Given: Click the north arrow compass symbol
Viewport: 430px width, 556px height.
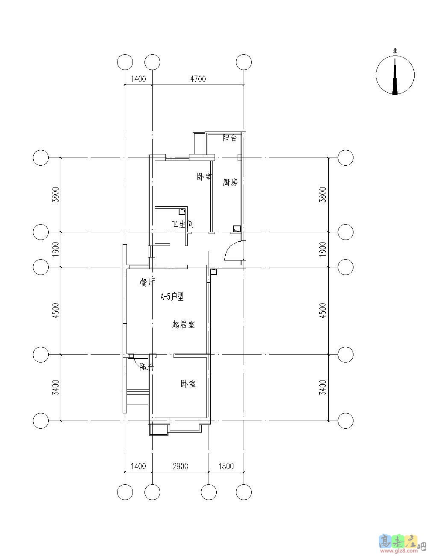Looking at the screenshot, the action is click(395, 75).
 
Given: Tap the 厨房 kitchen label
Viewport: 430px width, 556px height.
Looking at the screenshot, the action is click(230, 182).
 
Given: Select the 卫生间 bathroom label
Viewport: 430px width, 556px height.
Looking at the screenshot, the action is click(183, 224).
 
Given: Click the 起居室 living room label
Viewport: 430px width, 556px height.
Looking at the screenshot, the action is click(183, 325).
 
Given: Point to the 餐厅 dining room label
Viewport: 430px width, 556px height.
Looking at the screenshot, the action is click(147, 282).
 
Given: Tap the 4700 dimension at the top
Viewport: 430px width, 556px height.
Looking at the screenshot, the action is click(198, 79).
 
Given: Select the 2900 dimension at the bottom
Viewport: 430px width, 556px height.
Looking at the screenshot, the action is click(180, 466).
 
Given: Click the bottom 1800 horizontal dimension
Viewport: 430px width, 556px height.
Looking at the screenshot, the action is click(226, 466).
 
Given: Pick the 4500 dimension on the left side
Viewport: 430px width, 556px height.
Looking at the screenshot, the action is click(56, 310).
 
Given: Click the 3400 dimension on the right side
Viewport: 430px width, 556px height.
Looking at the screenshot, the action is click(323, 388).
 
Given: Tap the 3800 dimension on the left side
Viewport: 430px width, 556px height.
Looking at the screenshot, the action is click(56, 195).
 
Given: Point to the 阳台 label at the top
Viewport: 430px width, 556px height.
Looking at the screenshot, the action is click(229, 138).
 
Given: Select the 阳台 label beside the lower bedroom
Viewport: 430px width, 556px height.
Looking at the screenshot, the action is click(147, 367).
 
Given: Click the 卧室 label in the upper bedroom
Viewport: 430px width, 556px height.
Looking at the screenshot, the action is click(204, 177).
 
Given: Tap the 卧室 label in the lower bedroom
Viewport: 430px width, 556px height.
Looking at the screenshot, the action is click(188, 384).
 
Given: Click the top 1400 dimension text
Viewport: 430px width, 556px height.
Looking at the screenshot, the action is click(138, 79).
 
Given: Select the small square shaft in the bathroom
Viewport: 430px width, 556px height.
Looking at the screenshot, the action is click(182, 212).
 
